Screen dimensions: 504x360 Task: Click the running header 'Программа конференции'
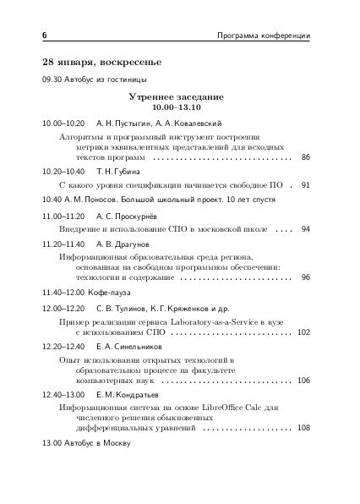[x=264, y=36]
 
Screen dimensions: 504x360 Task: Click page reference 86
[x=305, y=158]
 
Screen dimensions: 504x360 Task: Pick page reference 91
[x=305, y=184]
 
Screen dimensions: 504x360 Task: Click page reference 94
[x=305, y=229]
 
